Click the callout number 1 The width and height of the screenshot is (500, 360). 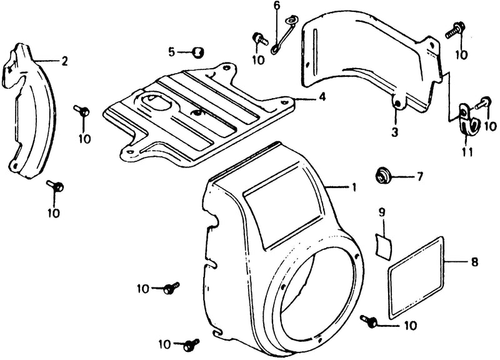point(354,187)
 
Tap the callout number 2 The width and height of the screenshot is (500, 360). point(65,61)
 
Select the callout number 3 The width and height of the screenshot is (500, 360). point(395,132)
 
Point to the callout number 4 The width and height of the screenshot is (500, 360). point(322,97)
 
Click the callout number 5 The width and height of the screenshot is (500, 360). point(172,52)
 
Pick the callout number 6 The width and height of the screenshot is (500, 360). point(276,6)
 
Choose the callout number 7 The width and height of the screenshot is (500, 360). point(419,176)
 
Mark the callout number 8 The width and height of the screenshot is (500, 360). point(474,262)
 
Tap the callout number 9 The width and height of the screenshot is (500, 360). point(382,212)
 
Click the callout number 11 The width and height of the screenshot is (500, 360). point(467,152)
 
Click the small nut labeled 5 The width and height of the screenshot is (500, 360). point(198,52)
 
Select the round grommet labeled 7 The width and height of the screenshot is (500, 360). point(381,176)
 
